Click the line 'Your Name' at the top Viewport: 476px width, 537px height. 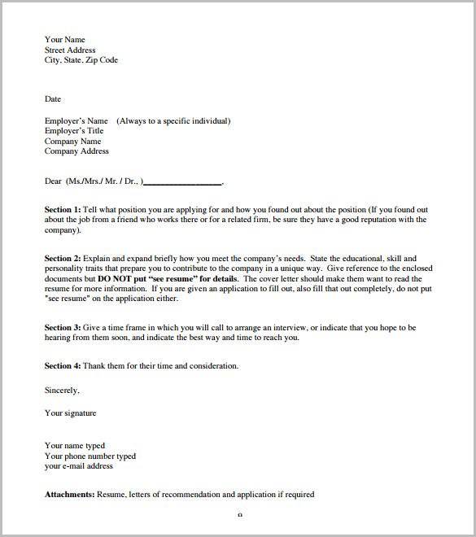[65, 40]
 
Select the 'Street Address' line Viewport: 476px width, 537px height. [70, 50]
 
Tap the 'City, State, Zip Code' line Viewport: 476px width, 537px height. [81, 60]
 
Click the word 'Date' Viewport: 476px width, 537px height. [53, 99]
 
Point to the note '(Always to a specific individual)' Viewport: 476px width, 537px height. [173, 121]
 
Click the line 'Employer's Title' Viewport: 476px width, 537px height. [74, 131]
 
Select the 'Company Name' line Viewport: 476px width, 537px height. [73, 142]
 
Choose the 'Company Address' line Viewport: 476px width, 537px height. [76, 151]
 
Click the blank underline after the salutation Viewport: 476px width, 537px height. [182, 182]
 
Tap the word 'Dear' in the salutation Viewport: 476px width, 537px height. [53, 181]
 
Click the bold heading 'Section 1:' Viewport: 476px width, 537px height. [63, 210]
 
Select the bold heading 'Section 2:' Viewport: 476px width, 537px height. [63, 259]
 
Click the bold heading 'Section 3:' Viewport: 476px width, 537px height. [63, 328]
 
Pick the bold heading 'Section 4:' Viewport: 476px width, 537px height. [63, 366]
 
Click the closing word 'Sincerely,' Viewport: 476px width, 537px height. [62, 391]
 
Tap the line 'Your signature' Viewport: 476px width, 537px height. [70, 413]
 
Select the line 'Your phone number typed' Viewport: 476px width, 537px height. [90, 456]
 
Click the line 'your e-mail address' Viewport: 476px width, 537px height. [79, 466]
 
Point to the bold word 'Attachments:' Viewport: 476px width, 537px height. [70, 495]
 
